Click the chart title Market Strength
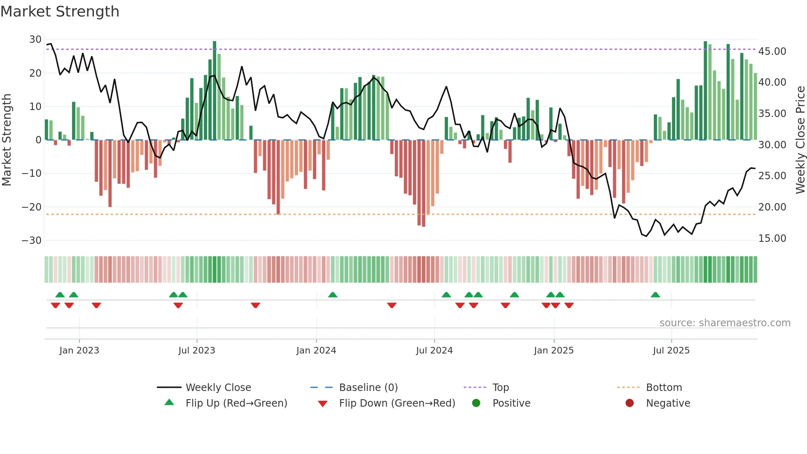coord(60,12)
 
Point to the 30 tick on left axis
coord(35,40)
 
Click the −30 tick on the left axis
coord(32,240)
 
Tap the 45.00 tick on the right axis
coord(772,51)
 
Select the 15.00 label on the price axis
coord(772,239)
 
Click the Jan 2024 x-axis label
coord(316,351)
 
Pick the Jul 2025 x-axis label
coord(671,351)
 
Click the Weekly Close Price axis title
coord(800,140)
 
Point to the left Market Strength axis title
coord(7,140)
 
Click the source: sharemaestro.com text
coord(725,323)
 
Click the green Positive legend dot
coord(476,403)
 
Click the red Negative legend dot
coord(630,403)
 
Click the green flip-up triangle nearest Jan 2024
coord(333,295)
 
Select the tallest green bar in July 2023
coord(215,91)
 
